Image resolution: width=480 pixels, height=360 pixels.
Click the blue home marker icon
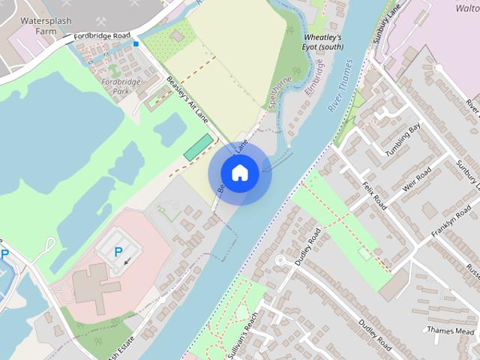(240, 173)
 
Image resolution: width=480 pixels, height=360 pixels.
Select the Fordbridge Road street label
(100, 35)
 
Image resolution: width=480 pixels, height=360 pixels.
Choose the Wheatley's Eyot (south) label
(323, 41)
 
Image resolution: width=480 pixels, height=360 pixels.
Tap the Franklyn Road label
(450, 224)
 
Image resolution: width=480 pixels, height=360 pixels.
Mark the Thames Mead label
(450, 330)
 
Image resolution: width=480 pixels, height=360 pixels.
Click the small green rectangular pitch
(197, 147)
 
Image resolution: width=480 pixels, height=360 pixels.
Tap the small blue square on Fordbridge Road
(136, 44)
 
